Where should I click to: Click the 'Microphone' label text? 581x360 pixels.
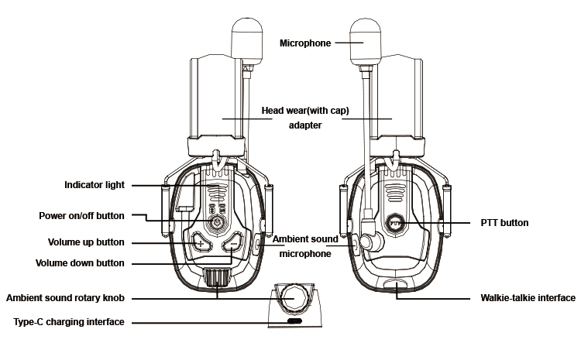point(304,43)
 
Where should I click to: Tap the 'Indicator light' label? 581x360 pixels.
point(94,185)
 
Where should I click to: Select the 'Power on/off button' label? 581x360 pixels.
point(82,215)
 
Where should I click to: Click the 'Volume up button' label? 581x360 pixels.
point(85,242)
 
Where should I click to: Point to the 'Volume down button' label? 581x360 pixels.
point(79,263)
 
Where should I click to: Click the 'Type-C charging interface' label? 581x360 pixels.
point(65,321)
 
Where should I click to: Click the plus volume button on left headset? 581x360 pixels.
point(201,244)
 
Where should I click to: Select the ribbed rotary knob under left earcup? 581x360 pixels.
point(218,277)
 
